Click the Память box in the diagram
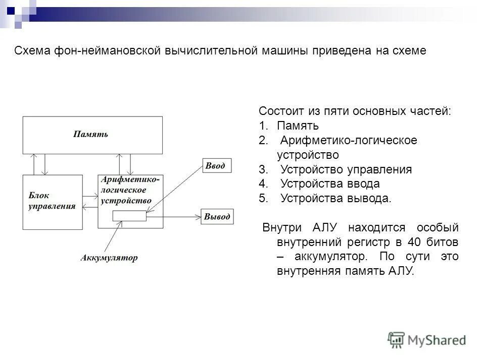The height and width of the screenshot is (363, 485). pos(92,135)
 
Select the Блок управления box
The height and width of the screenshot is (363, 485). pos(53,202)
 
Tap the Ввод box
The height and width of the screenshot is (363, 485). pos(217,166)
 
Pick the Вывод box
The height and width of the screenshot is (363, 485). pos(217,217)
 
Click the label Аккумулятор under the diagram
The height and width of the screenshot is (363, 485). pos(109,258)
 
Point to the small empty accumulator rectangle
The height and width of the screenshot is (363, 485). pos(129,216)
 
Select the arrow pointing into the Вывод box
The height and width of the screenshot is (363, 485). pos(174,217)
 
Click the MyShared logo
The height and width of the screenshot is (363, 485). pos(427,340)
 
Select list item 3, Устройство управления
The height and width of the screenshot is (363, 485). pos(346,169)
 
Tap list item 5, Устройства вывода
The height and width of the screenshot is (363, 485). pos(335,198)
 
